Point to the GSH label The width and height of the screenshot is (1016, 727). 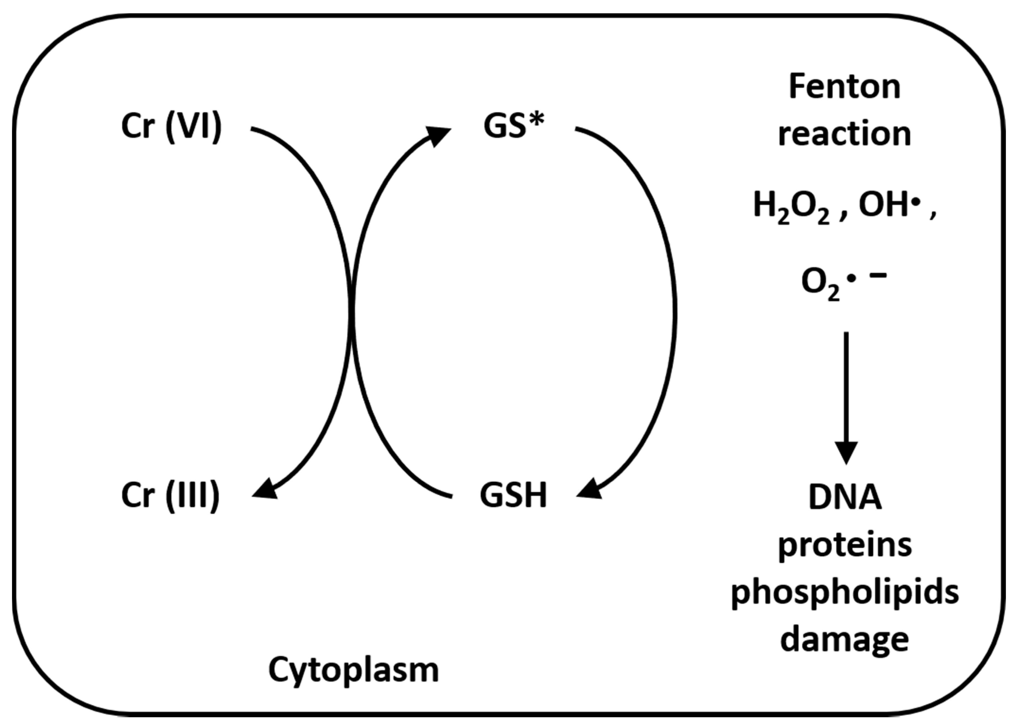pyautogui.click(x=514, y=496)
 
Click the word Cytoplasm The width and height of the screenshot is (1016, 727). pyautogui.click(x=353, y=670)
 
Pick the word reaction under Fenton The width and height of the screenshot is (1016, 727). pyautogui.click(x=845, y=134)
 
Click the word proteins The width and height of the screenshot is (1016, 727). pyautogui.click(x=845, y=545)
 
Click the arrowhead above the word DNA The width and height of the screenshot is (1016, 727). pyautogui.click(x=846, y=452)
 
